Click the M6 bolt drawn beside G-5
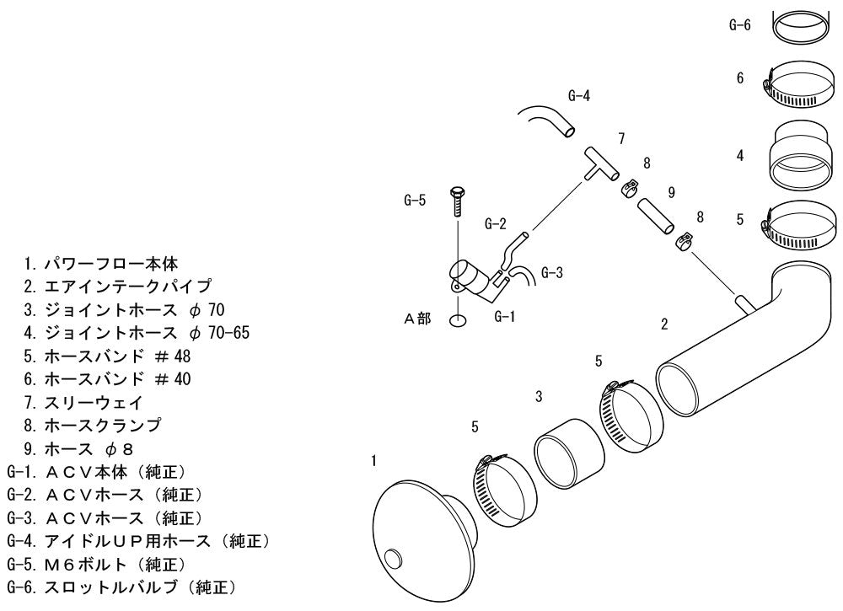point(456,201)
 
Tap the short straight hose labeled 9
point(655,216)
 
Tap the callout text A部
point(417,319)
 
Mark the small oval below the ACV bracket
point(457,321)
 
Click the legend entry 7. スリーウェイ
point(83,402)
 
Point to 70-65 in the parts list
point(228,333)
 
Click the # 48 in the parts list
point(173,356)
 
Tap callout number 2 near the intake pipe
point(664,324)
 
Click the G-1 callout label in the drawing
point(504,317)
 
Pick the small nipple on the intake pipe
point(744,303)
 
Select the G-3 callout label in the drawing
point(551,272)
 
